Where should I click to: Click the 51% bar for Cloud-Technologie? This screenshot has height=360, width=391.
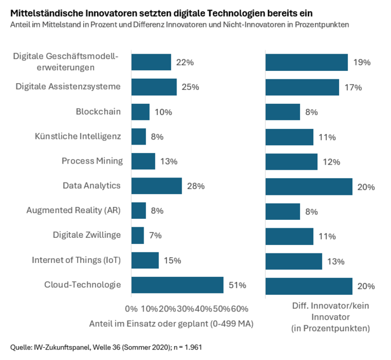177,285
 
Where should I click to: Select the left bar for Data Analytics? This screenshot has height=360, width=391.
156,186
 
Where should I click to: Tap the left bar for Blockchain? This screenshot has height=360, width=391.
140,112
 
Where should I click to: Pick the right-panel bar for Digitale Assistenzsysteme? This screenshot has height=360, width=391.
302,87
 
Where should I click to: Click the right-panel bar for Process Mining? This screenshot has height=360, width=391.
291,161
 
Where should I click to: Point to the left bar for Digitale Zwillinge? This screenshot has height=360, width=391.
137,235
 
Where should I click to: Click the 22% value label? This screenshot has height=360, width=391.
184,63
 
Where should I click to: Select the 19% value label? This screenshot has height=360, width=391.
361,63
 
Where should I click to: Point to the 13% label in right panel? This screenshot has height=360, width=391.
336,261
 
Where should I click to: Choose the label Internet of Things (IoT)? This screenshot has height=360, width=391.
76,260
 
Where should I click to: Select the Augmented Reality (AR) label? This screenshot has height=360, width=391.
73,210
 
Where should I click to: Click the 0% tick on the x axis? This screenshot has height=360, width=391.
131,309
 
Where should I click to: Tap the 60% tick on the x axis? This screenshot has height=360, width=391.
239,309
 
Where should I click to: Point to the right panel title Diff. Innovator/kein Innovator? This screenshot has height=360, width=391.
331,317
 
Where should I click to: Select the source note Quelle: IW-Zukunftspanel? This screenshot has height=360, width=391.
106,347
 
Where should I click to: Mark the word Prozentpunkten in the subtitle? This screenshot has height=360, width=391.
321,25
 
